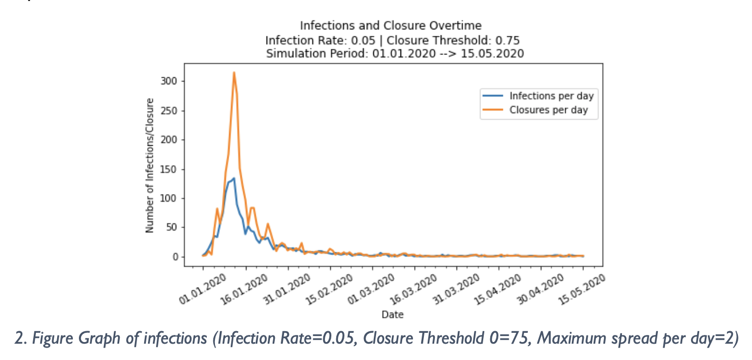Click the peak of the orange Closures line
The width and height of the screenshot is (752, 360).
coord(234,72)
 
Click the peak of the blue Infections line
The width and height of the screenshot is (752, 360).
coord(234,178)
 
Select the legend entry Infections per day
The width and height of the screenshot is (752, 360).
coord(551,96)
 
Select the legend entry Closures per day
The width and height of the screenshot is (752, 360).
coord(548,110)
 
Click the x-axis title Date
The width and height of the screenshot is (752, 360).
coord(392,314)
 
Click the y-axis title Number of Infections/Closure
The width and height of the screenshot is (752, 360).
coord(150,165)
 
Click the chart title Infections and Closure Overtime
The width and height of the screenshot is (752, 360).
coord(391,26)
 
